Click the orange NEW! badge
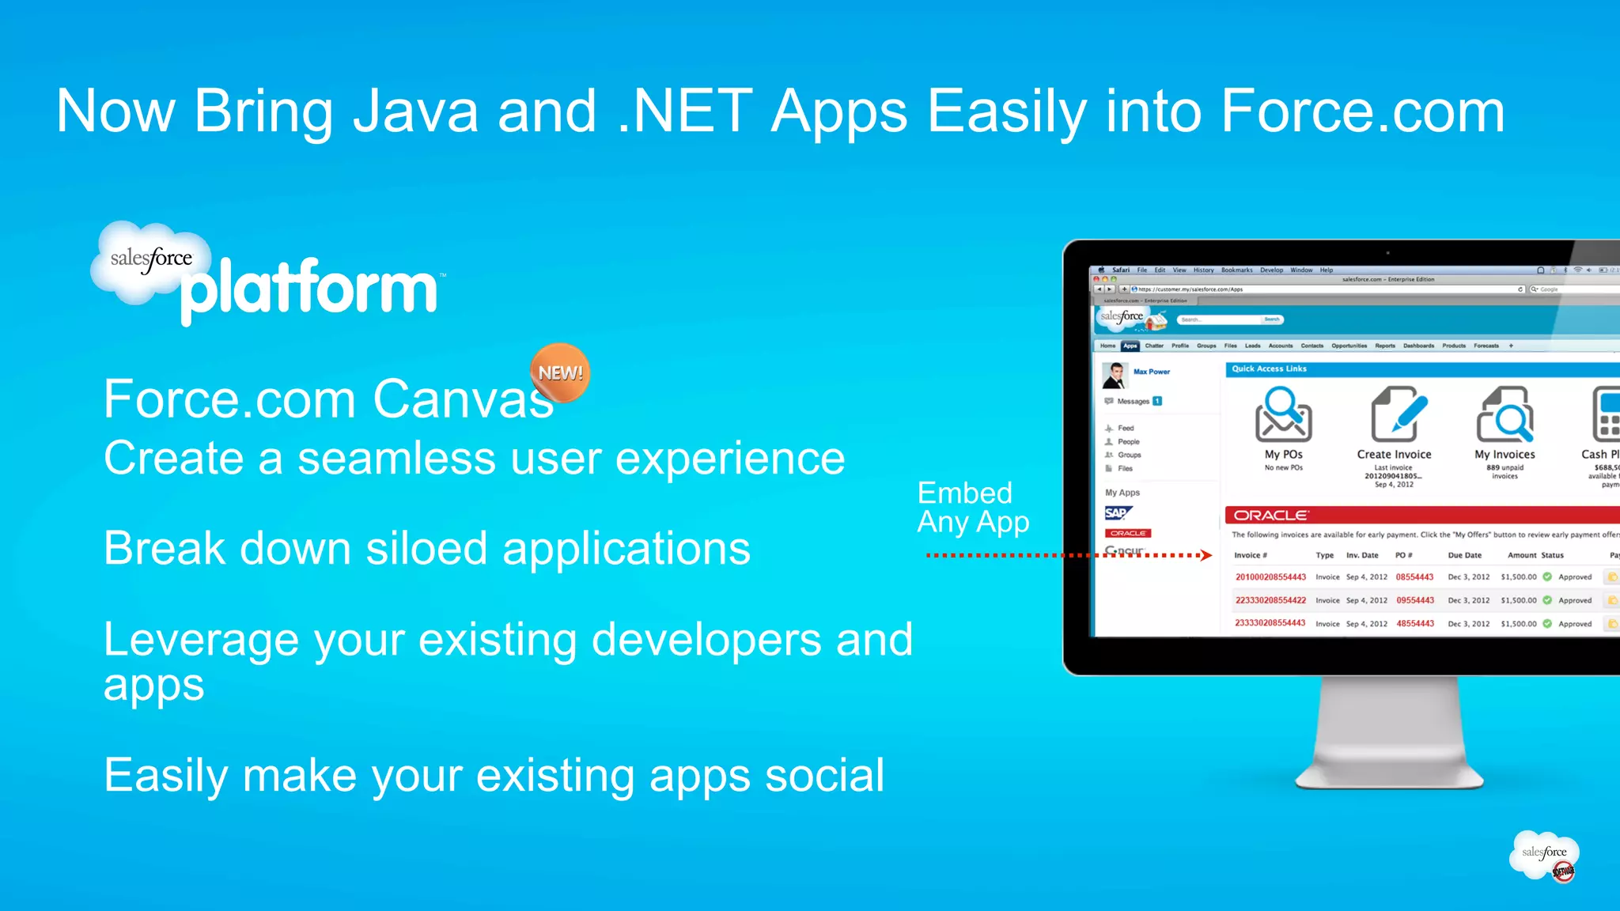(x=560, y=372)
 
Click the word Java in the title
(x=415, y=112)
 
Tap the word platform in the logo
(x=309, y=289)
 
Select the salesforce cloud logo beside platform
(x=150, y=260)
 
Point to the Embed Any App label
(x=972, y=508)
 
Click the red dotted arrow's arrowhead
(x=1206, y=555)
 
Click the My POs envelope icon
(x=1282, y=414)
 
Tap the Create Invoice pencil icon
(x=1397, y=413)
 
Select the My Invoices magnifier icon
(x=1505, y=414)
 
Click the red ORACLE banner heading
(x=1270, y=515)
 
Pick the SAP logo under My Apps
(x=1117, y=513)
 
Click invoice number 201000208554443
(x=1270, y=577)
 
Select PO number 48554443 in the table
(x=1414, y=624)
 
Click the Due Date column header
(x=1464, y=555)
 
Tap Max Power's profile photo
(x=1115, y=375)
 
